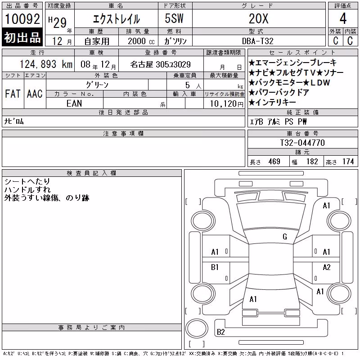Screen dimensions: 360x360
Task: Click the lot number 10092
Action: click(22, 19)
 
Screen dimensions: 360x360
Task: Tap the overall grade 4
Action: click(343, 18)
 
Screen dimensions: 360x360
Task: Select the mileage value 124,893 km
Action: click(46, 64)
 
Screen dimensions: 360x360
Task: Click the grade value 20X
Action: click(258, 18)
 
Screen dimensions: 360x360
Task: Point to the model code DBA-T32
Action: click(257, 41)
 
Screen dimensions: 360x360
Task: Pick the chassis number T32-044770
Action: click(302, 143)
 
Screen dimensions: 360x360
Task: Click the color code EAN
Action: click(74, 103)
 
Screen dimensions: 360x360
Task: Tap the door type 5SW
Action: click(174, 18)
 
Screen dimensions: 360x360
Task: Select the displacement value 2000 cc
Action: click(141, 41)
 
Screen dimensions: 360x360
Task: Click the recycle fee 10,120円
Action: click(226, 104)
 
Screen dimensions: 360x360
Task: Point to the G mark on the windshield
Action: click(285, 236)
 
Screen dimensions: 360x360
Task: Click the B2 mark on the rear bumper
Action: click(220, 332)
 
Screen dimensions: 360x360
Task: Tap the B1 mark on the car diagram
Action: click(215, 267)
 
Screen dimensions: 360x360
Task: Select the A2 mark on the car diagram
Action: click(327, 267)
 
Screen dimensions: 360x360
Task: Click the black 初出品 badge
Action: click(22, 37)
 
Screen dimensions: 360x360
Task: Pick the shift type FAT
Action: click(13, 94)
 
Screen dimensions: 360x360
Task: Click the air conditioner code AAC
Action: click(35, 94)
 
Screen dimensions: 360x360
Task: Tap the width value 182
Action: click(312, 162)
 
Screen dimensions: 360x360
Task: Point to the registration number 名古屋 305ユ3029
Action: click(160, 64)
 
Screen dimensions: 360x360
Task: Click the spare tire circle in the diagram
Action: click(197, 328)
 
